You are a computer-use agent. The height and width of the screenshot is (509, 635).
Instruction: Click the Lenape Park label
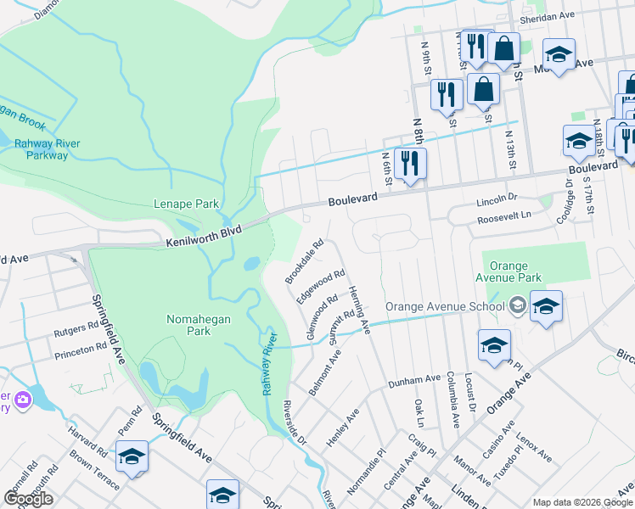click(186, 204)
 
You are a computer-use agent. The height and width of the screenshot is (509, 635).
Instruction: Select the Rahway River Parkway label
click(47, 149)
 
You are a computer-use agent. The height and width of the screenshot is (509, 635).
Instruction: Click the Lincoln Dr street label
click(497, 204)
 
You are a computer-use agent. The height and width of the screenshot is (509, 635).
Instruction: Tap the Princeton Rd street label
click(79, 350)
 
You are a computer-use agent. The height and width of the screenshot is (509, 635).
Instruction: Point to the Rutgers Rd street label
click(76, 330)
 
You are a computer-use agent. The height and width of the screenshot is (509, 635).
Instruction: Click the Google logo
click(29, 499)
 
